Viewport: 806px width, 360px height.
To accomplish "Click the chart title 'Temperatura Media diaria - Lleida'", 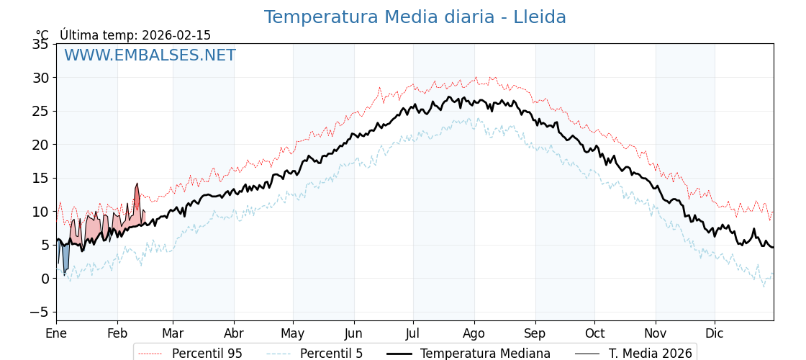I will click(x=415, y=17).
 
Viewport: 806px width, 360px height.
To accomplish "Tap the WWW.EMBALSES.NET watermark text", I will click(x=150, y=55).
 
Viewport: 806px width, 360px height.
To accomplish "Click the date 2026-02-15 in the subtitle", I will click(x=176, y=35).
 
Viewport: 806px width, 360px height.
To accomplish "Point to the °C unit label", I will click(x=42, y=35).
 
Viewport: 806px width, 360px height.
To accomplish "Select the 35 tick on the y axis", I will click(x=40, y=45).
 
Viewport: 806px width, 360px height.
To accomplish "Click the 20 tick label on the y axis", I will click(x=40, y=145).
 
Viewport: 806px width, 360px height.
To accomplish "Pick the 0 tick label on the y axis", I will click(x=45, y=279).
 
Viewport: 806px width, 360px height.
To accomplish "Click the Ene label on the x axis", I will click(x=56, y=333).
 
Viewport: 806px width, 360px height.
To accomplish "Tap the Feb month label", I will click(x=117, y=333).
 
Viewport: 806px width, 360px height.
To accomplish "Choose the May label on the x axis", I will click(x=293, y=333).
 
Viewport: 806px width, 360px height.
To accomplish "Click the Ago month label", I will click(x=474, y=333).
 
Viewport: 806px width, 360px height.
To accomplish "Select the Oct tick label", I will click(x=594, y=333).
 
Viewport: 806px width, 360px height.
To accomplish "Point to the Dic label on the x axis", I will click(x=715, y=333).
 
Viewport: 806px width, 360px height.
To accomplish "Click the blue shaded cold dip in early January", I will click(x=65, y=258).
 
